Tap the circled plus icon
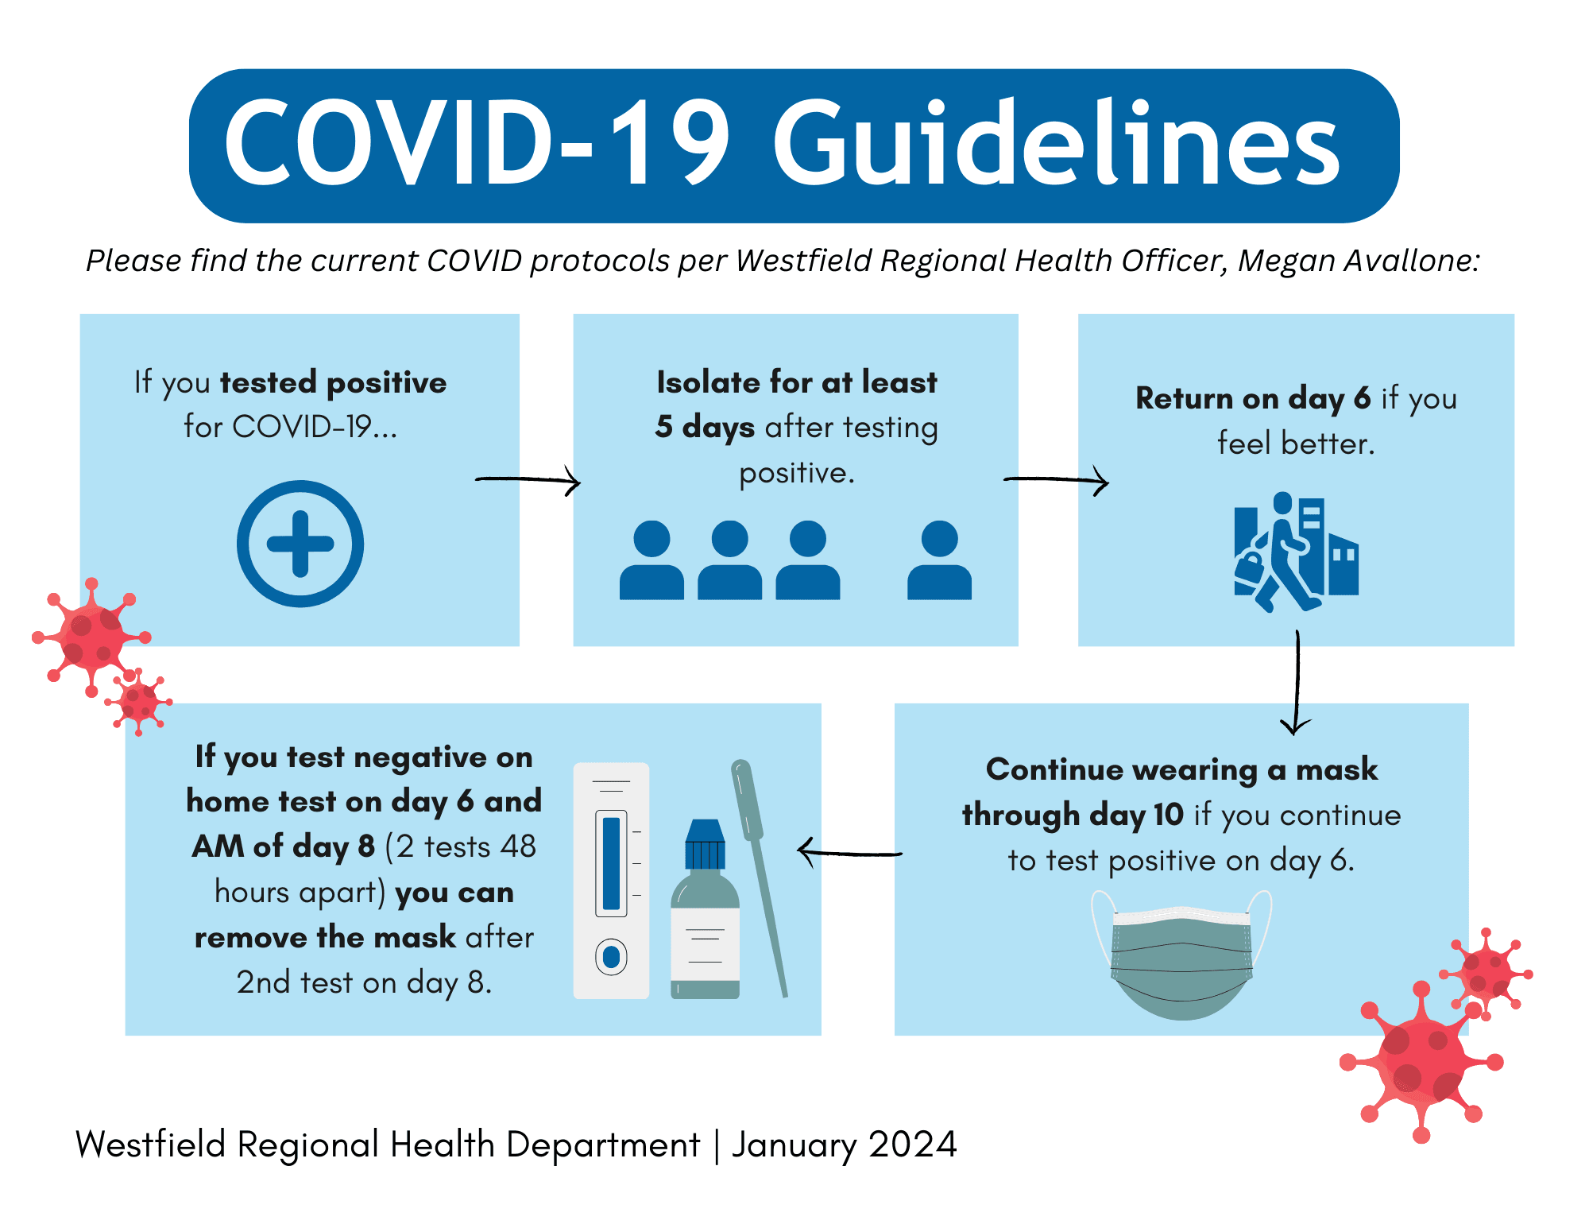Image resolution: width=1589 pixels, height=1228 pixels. click(300, 544)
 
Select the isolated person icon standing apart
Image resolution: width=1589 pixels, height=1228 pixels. click(939, 560)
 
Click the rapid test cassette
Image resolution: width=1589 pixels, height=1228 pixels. click(611, 881)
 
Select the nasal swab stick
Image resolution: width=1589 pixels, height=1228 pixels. click(759, 874)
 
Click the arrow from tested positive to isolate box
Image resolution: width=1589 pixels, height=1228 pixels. click(528, 479)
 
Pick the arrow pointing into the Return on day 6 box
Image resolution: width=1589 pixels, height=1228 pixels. click(1057, 479)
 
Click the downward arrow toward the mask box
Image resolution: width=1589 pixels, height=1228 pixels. click(1297, 684)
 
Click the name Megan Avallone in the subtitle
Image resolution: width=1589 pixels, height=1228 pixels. click(1359, 261)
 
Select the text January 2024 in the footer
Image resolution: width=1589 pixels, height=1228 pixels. click(844, 1145)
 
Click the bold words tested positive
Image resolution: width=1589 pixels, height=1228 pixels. click(334, 382)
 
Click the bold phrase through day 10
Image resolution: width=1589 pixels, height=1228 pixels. click(1073, 815)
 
